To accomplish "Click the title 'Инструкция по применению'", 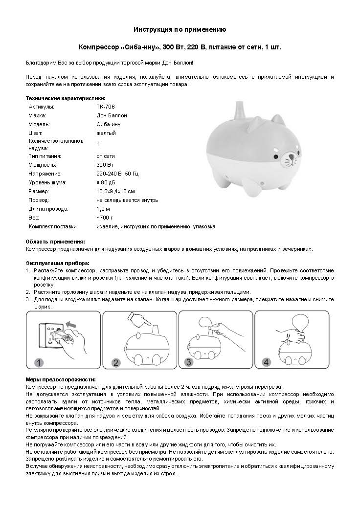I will pos(180,30).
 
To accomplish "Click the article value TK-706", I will pos(106,106).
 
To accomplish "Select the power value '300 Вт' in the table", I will pos(105,165).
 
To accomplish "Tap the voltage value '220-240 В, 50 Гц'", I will pos(118,174).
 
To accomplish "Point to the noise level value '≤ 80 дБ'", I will pos(108,182).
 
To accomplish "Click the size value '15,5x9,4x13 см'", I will pos(115,191).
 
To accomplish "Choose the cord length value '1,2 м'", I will pos(103,209).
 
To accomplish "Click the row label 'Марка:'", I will pos(37,115).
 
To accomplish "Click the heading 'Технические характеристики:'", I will pos(59,98).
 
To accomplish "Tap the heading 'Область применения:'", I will pos(55,242).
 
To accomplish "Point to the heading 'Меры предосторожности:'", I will pos(60,379).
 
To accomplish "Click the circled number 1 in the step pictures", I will pos(40,363).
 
